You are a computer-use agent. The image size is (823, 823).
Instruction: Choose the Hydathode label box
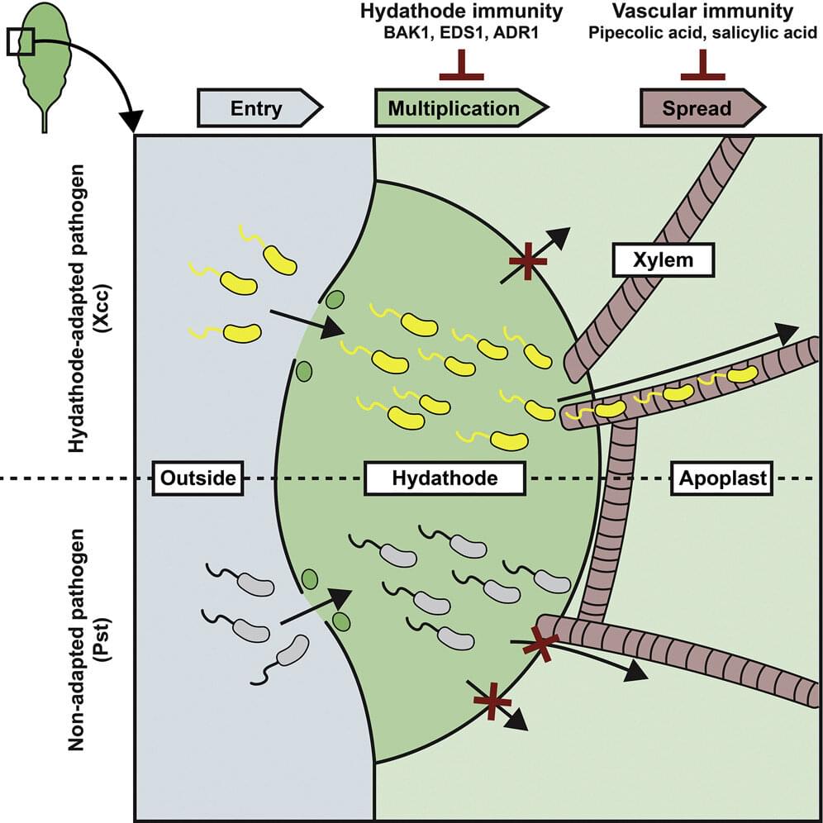(x=445, y=478)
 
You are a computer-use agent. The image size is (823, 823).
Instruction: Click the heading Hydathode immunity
(x=461, y=12)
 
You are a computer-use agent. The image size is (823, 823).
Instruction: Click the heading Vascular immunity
(x=702, y=12)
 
